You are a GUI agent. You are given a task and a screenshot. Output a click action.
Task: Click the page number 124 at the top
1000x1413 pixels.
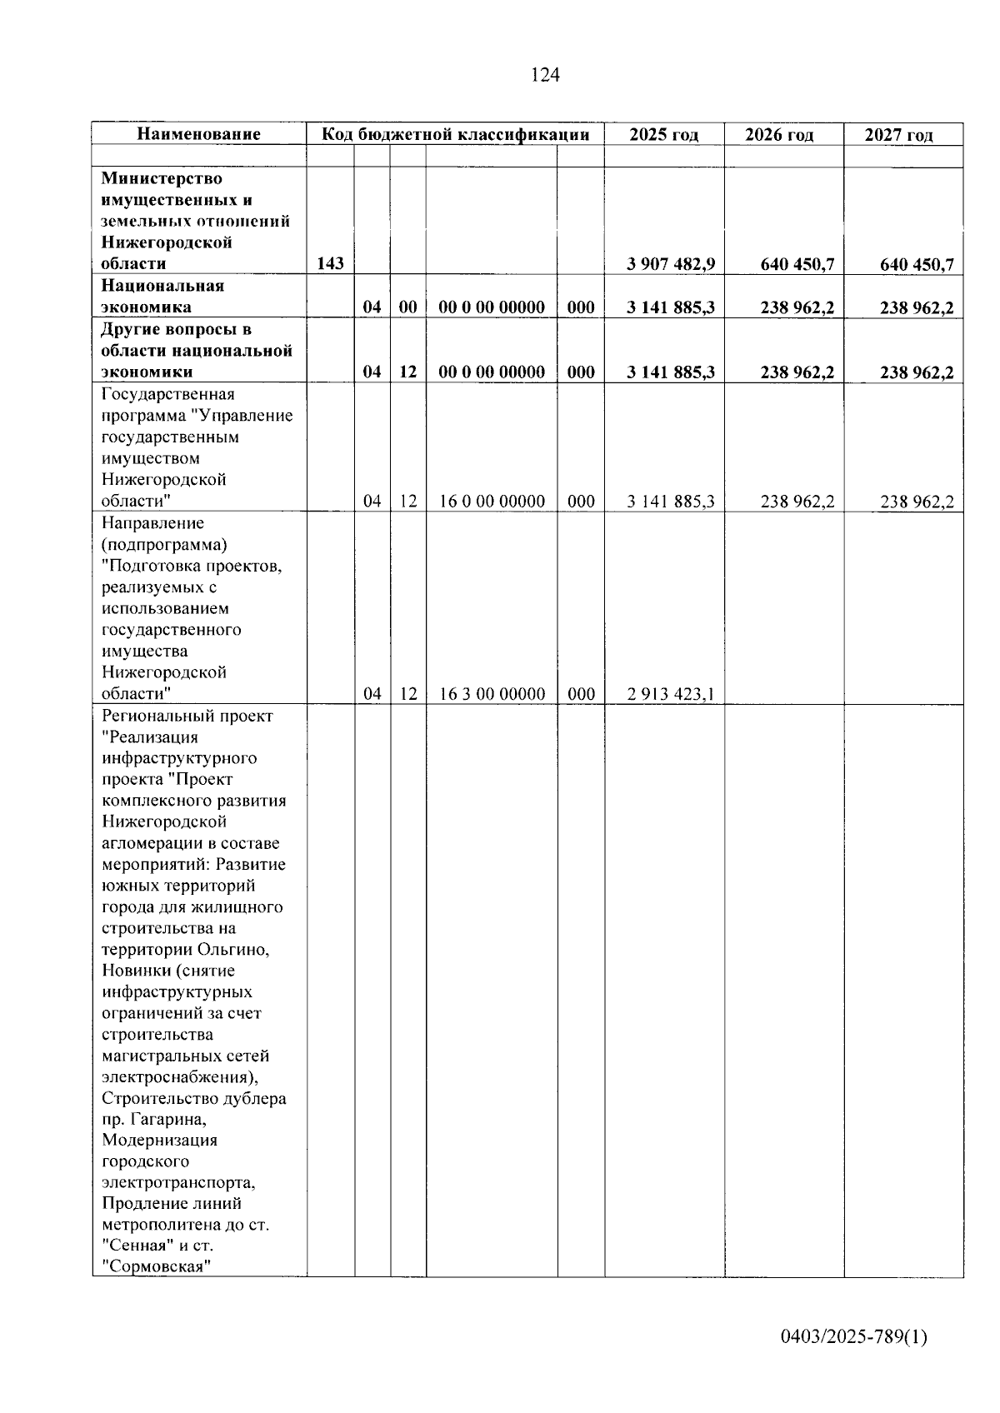(545, 75)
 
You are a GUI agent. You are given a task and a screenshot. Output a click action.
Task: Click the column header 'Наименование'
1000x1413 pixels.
(198, 134)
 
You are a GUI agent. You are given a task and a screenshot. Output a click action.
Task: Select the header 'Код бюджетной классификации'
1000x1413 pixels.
(455, 134)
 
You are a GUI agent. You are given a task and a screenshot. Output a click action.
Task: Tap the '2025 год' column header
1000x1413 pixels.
(663, 135)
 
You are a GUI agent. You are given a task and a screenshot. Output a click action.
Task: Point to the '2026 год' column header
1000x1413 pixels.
(779, 135)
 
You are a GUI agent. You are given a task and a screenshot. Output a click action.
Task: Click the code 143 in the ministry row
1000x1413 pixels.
(330, 264)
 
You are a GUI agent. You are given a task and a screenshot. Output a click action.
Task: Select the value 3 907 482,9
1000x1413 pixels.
(671, 265)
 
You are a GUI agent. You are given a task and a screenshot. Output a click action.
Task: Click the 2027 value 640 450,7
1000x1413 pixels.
(917, 265)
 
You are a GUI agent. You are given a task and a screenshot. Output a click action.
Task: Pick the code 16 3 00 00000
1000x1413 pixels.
(492, 694)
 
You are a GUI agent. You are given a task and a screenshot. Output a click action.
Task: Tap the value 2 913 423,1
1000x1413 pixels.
(671, 694)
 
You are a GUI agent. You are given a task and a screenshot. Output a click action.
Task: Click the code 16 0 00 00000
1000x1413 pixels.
(492, 502)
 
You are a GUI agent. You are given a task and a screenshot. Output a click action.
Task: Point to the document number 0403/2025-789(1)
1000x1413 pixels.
(853, 1337)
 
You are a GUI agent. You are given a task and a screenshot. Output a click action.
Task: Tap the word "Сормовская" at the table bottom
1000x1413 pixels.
(156, 1267)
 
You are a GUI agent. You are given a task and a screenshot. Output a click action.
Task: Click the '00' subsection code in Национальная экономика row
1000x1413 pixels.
(407, 307)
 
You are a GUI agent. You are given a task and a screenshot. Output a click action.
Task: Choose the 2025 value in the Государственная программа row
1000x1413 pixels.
(671, 502)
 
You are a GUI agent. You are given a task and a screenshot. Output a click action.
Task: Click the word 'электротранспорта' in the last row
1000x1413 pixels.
(178, 1182)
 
